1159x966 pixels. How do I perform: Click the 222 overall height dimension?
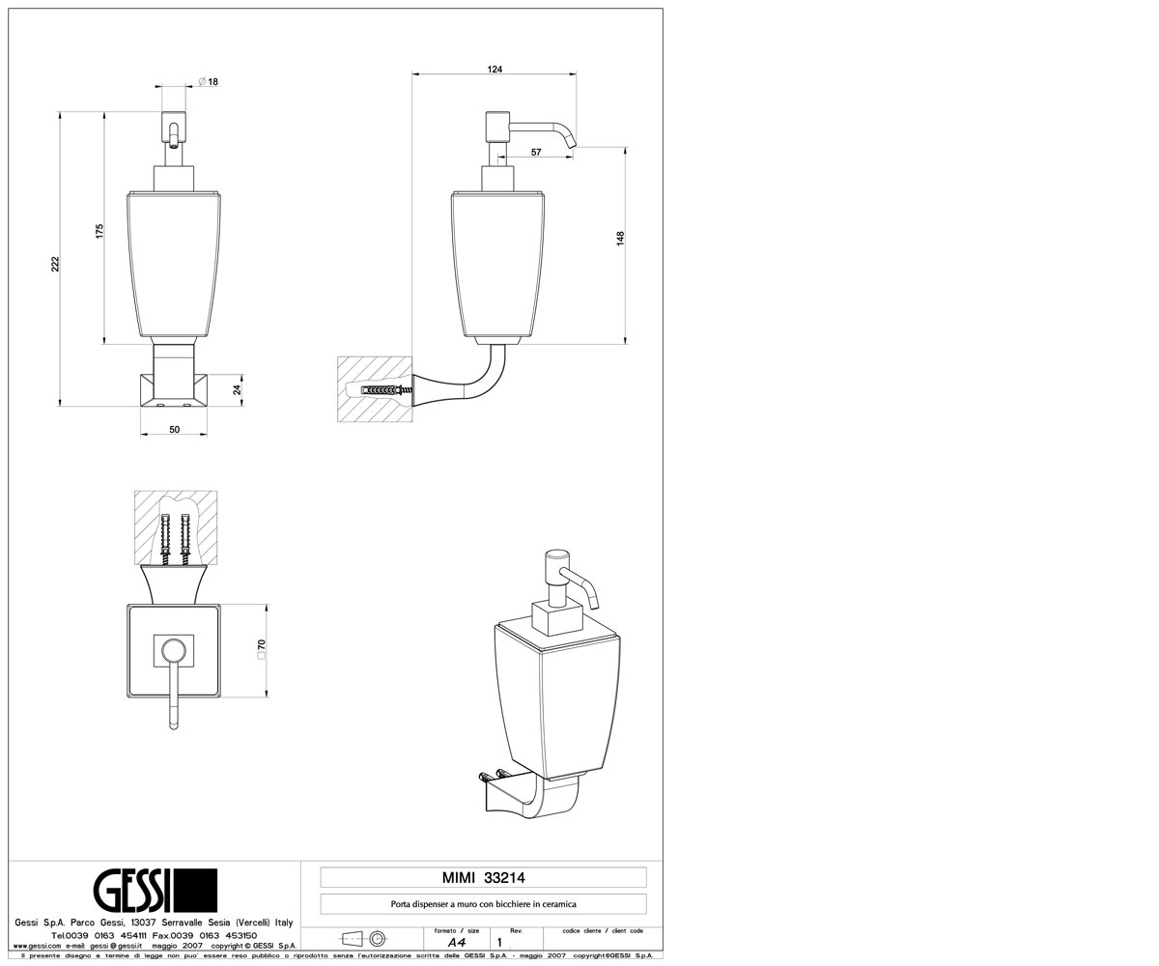coord(55,264)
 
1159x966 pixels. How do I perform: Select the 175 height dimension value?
coord(99,231)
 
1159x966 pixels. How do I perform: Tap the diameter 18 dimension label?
coord(209,81)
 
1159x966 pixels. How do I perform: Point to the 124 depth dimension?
coord(495,70)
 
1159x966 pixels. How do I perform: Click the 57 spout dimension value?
coord(536,152)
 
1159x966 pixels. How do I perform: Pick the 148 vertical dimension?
coord(621,239)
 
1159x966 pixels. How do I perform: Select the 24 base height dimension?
coord(238,389)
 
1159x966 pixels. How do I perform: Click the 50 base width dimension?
coord(174,429)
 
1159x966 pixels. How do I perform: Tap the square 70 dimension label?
coord(262,649)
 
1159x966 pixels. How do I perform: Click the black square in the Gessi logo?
coord(196,891)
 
